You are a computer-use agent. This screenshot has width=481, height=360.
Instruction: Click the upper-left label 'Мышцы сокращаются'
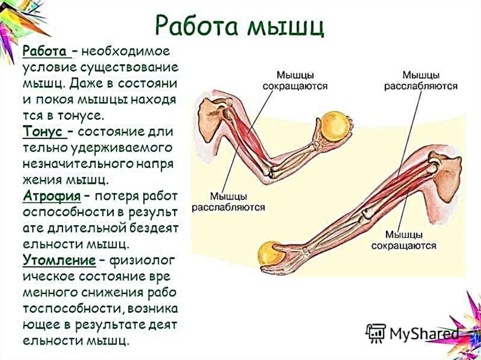click(295, 80)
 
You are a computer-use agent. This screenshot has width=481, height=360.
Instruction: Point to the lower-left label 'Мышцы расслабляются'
click(229, 201)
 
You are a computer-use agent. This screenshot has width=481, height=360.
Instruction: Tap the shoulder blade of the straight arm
click(446, 176)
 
